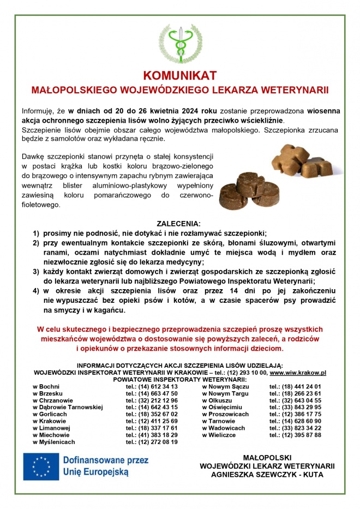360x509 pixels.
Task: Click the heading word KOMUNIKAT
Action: pyautogui.click(x=180, y=75)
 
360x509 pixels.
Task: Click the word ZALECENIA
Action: pyautogui.click(x=178, y=224)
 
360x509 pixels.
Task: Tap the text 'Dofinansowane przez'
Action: pyautogui.click(x=106, y=460)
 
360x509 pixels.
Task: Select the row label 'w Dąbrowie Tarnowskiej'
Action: pyautogui.click(x=68, y=407)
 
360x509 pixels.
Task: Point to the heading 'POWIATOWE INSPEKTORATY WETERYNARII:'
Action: pyautogui.click(x=180, y=379)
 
